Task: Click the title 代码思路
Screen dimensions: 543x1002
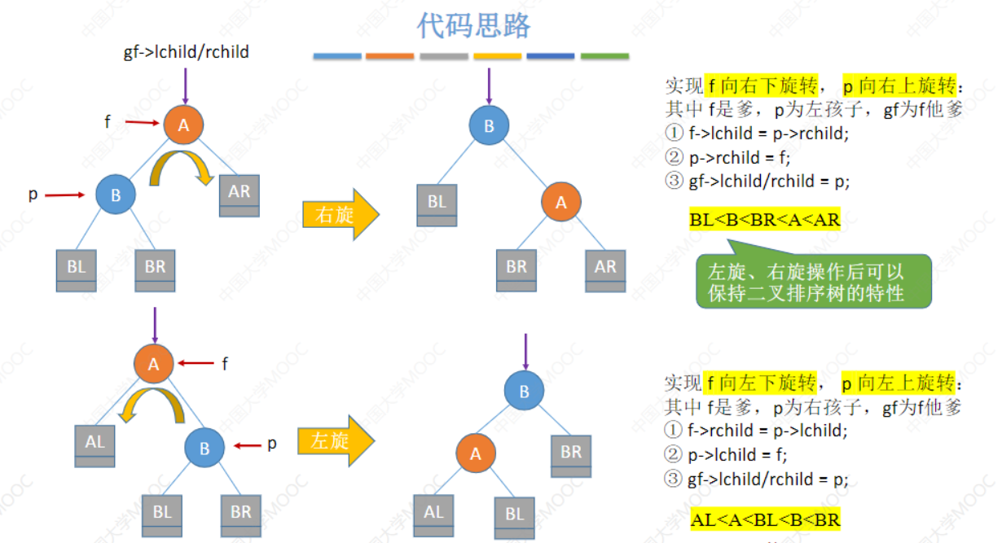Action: coord(472,25)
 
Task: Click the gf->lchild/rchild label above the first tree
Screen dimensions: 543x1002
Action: coord(186,53)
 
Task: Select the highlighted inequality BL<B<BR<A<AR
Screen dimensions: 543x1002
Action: coord(764,220)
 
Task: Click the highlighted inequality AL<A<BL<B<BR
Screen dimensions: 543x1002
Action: coord(765,519)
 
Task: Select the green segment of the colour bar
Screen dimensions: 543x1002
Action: coord(604,56)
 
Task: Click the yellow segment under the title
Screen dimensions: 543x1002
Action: coord(497,56)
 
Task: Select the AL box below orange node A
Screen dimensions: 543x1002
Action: coord(94,445)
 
